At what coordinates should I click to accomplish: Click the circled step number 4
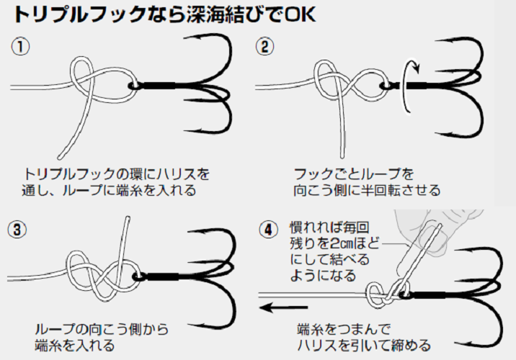click(268, 230)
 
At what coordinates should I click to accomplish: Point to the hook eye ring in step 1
click(133, 86)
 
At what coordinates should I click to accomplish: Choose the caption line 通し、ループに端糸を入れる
click(108, 192)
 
